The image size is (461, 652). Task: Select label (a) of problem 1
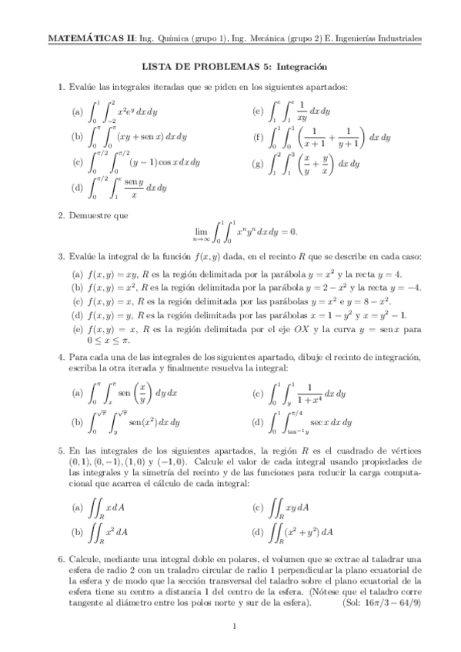point(77,112)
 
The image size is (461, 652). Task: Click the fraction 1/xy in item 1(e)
point(302,111)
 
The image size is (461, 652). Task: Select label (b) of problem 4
point(77,422)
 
